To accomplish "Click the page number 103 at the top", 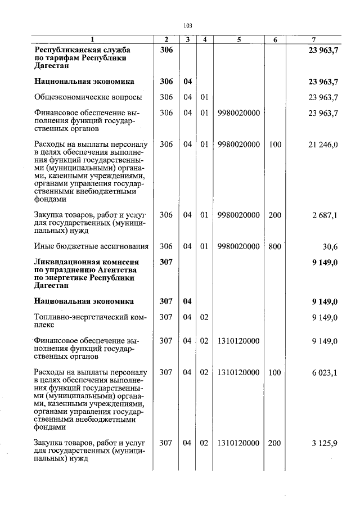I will tap(188, 25).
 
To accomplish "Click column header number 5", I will tap(239, 39).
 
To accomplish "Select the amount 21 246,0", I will tap(323, 145).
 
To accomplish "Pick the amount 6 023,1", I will tap(325, 372).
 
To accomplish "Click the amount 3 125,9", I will tap(325, 443).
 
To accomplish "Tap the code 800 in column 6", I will tap(274, 246).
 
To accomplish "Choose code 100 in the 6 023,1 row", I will tap(274, 372).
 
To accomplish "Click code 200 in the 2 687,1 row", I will tap(274, 215).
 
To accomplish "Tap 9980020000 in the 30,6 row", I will tap(239, 246).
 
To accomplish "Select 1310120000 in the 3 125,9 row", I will tap(239, 443).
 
